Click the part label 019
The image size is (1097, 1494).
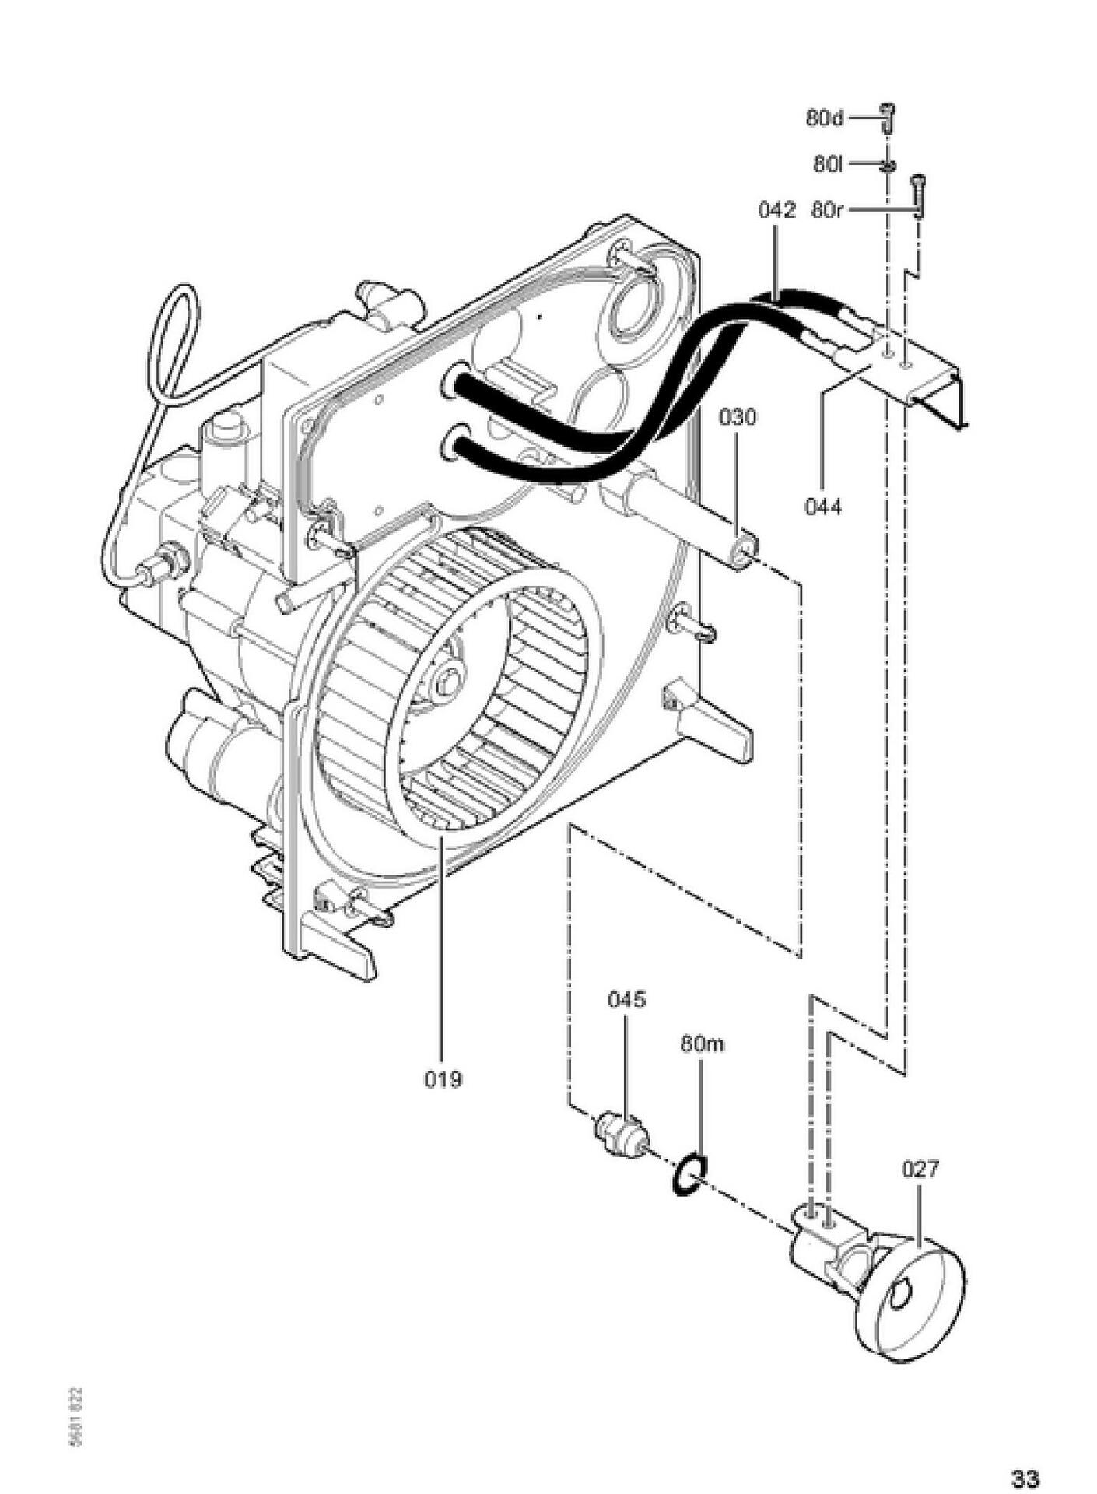[443, 1079]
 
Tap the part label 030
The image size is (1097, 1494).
[736, 418]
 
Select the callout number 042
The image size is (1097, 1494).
[777, 210]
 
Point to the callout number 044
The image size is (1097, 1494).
[823, 507]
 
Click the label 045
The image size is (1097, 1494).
[626, 999]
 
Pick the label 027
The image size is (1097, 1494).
[920, 1169]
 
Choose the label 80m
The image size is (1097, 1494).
[702, 1043]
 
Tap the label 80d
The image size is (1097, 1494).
[825, 119]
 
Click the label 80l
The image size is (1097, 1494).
[828, 164]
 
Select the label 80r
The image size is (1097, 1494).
[826, 210]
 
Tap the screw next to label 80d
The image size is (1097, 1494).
[887, 118]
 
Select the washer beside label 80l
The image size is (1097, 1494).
[888, 165]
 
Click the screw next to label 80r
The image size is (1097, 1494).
[919, 195]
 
